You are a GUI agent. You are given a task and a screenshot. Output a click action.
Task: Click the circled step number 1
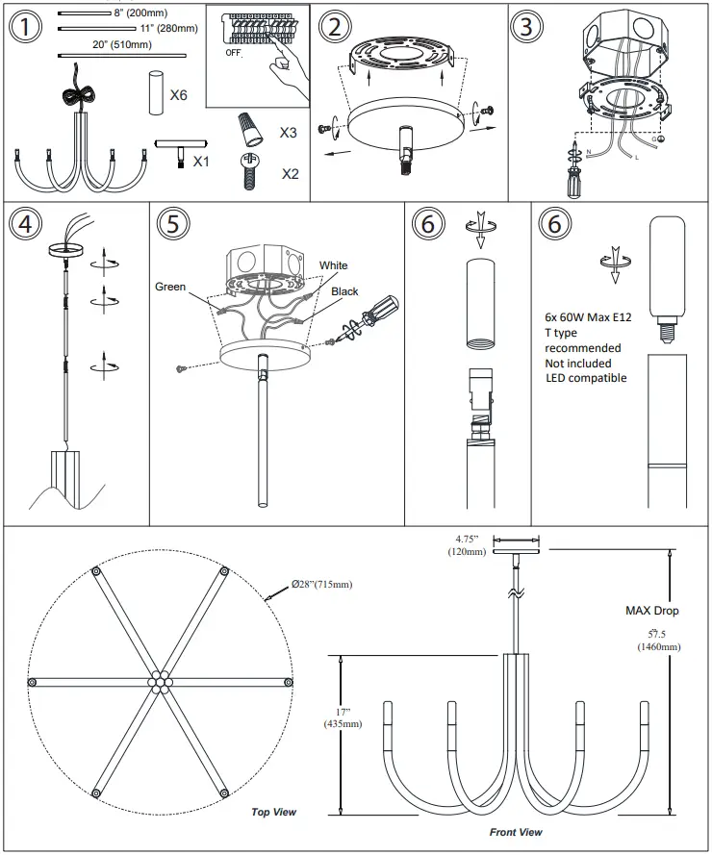click(x=27, y=28)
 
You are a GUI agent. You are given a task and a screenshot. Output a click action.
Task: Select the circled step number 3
click(x=524, y=28)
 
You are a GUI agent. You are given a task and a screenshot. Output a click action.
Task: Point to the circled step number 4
click(x=26, y=224)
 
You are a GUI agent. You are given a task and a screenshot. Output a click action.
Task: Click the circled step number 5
click(x=171, y=224)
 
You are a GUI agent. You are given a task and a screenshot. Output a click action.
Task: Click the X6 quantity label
click(x=179, y=95)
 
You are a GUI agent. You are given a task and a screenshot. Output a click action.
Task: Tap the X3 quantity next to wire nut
click(x=288, y=132)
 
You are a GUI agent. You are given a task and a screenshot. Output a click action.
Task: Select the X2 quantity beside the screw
click(x=290, y=174)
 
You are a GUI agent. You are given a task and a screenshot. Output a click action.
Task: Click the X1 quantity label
click(x=200, y=161)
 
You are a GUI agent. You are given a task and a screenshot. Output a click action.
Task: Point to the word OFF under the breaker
click(x=234, y=52)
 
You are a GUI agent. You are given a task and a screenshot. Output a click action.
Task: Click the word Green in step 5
click(x=169, y=287)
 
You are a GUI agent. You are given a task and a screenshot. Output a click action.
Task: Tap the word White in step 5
click(x=334, y=265)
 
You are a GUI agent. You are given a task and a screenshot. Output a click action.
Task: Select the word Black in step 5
click(x=344, y=290)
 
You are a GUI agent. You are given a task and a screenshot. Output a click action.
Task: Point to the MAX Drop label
click(x=650, y=610)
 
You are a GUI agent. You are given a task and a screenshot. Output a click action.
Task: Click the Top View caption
click(x=273, y=812)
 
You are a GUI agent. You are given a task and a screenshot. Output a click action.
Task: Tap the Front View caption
click(x=516, y=832)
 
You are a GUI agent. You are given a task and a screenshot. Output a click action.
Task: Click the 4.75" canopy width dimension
click(x=470, y=545)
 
